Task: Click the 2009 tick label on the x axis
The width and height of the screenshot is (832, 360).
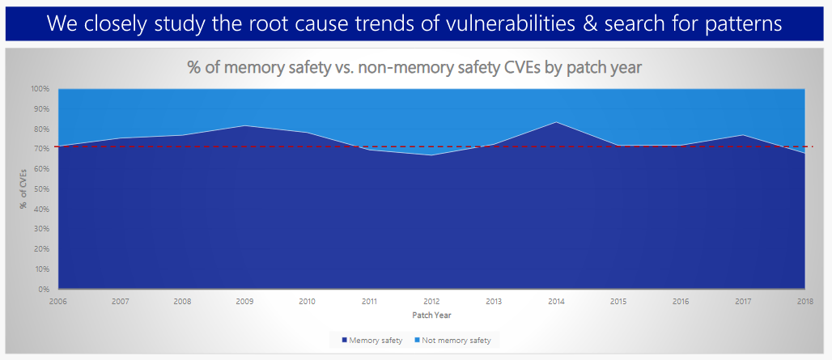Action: click(x=244, y=302)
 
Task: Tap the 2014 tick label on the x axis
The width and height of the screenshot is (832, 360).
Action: click(x=555, y=302)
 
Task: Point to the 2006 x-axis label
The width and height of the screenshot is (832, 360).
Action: click(x=58, y=302)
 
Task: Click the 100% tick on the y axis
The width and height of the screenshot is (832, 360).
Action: click(x=40, y=89)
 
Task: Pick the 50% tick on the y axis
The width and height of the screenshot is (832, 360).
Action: click(x=42, y=189)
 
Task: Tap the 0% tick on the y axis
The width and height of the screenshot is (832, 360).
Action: click(x=44, y=289)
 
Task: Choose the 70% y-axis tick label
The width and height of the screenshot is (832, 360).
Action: click(x=42, y=149)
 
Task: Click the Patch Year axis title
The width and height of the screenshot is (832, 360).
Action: click(x=431, y=315)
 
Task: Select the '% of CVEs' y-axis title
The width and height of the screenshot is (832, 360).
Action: click(x=23, y=188)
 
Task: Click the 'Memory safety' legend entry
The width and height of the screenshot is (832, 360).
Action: click(x=372, y=341)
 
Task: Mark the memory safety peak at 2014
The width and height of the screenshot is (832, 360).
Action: click(x=555, y=122)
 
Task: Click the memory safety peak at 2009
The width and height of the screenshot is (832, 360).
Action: click(x=244, y=125)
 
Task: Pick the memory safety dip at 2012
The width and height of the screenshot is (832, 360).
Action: click(x=431, y=155)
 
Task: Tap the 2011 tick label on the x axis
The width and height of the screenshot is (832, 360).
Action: click(x=369, y=302)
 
